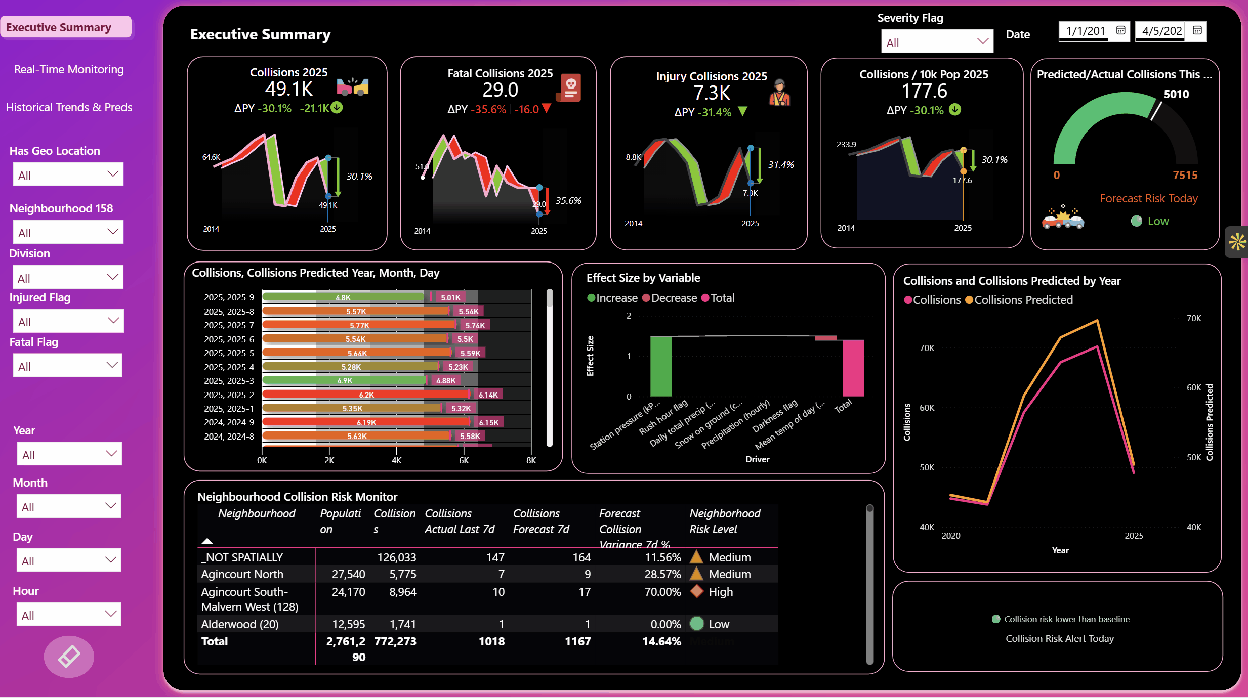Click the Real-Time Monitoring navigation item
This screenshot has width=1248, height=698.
pos(69,69)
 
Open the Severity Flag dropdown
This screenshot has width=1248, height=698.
pos(937,42)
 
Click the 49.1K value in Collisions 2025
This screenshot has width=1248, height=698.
pos(288,89)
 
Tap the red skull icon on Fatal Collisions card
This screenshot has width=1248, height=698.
pos(570,87)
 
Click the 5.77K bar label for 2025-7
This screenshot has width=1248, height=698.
pos(359,325)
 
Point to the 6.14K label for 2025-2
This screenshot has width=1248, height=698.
pos(488,395)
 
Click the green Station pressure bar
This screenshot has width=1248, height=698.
pos(660,366)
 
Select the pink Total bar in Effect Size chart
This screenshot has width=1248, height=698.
pos(853,368)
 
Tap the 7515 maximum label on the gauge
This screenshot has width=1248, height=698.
pos(1185,175)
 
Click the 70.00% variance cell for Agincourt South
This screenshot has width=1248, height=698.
pos(662,592)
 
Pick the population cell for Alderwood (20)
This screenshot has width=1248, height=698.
pos(348,624)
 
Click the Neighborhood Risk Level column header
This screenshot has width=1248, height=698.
pos(724,521)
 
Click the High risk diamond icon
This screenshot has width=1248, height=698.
pos(697,591)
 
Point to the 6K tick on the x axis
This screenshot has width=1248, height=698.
pos(464,460)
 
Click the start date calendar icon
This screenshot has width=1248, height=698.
pos(1121,30)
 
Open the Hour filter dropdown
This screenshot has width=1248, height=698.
pos(69,615)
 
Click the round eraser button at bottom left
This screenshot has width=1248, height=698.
pos(69,657)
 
